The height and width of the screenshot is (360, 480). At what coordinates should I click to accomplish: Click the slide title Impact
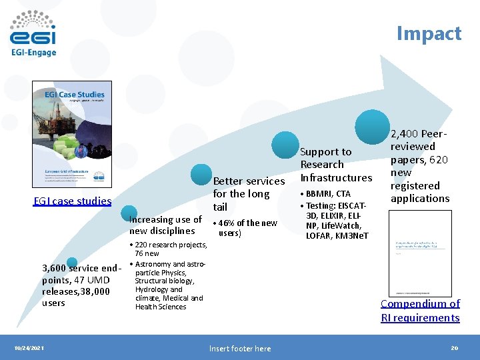[429, 33]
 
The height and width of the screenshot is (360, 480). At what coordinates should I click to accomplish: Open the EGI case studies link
[73, 201]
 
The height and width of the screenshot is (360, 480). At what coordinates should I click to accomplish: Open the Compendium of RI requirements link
[420, 311]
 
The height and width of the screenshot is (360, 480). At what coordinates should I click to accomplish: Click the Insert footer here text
[239, 348]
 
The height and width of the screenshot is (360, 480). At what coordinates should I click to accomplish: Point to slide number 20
[455, 348]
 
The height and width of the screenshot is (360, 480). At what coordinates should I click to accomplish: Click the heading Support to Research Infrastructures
[336, 165]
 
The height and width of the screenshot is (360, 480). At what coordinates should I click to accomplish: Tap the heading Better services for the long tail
[248, 194]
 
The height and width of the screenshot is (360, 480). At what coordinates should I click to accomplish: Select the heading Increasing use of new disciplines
[165, 225]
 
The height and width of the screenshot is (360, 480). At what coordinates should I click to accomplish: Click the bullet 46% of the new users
[245, 228]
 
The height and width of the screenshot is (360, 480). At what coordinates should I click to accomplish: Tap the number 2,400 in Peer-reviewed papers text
[406, 134]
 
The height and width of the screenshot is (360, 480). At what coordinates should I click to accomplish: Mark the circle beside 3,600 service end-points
[72, 263]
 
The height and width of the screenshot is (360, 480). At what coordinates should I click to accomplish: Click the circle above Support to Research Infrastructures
[286, 145]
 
